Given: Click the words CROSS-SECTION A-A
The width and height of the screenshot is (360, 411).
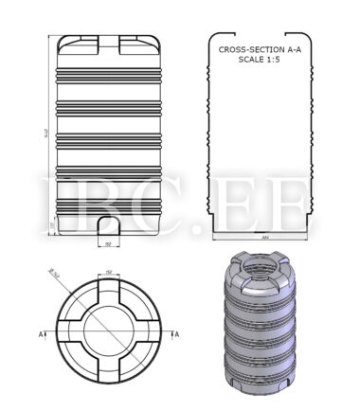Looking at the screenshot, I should point(258,49).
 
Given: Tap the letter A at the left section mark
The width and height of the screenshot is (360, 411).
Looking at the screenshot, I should point(44,333).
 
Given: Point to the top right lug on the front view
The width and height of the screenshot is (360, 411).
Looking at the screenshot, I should point(139,42).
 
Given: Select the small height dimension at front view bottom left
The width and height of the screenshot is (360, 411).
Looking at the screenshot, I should point(51,223).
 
